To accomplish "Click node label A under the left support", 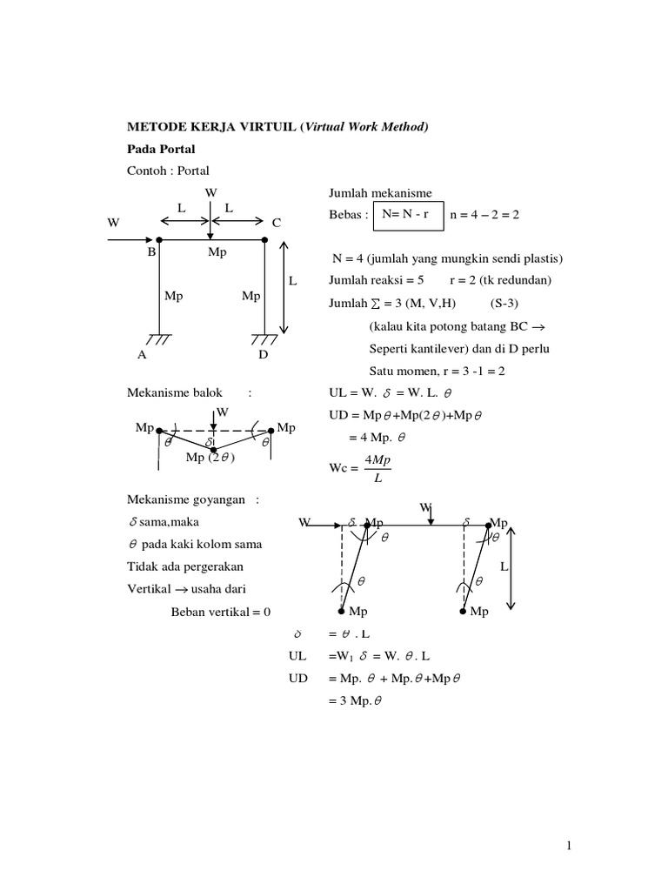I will (x=141, y=355).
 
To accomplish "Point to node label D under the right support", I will (x=264, y=355).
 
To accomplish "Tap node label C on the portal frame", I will (x=277, y=224).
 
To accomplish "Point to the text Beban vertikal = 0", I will (x=222, y=612).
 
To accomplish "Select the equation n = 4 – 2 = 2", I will (x=484, y=214).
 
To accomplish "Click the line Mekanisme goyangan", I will (x=193, y=499).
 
